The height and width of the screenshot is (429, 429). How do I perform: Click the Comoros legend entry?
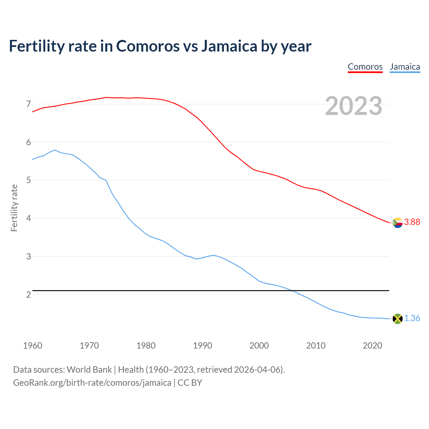tap(365, 67)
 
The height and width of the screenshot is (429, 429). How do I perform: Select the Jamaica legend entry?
tap(405, 67)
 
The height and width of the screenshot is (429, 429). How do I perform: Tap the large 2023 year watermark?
tap(353, 106)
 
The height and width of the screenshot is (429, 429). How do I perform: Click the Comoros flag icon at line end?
tap(397, 223)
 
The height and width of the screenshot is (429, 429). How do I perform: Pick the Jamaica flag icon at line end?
tap(397, 319)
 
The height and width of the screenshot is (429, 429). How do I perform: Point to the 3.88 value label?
tap(412, 222)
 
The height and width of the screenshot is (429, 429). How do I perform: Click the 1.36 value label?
tap(412, 318)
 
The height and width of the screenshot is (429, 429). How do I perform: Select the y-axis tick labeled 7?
tap(28, 104)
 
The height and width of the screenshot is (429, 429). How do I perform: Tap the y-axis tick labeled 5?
tap(28, 180)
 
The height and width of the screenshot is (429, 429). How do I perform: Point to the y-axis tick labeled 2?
tap(28, 295)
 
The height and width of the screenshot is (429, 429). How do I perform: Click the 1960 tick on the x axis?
tap(33, 346)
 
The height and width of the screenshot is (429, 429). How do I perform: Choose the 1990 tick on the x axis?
tap(202, 346)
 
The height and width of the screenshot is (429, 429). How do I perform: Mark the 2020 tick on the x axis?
tap(372, 346)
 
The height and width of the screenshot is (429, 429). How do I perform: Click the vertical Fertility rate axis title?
tap(14, 208)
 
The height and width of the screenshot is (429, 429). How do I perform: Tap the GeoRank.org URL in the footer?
tap(92, 383)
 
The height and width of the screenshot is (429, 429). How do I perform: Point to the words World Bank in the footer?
tap(89, 370)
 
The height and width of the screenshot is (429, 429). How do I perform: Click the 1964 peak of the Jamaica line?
tap(55, 150)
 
